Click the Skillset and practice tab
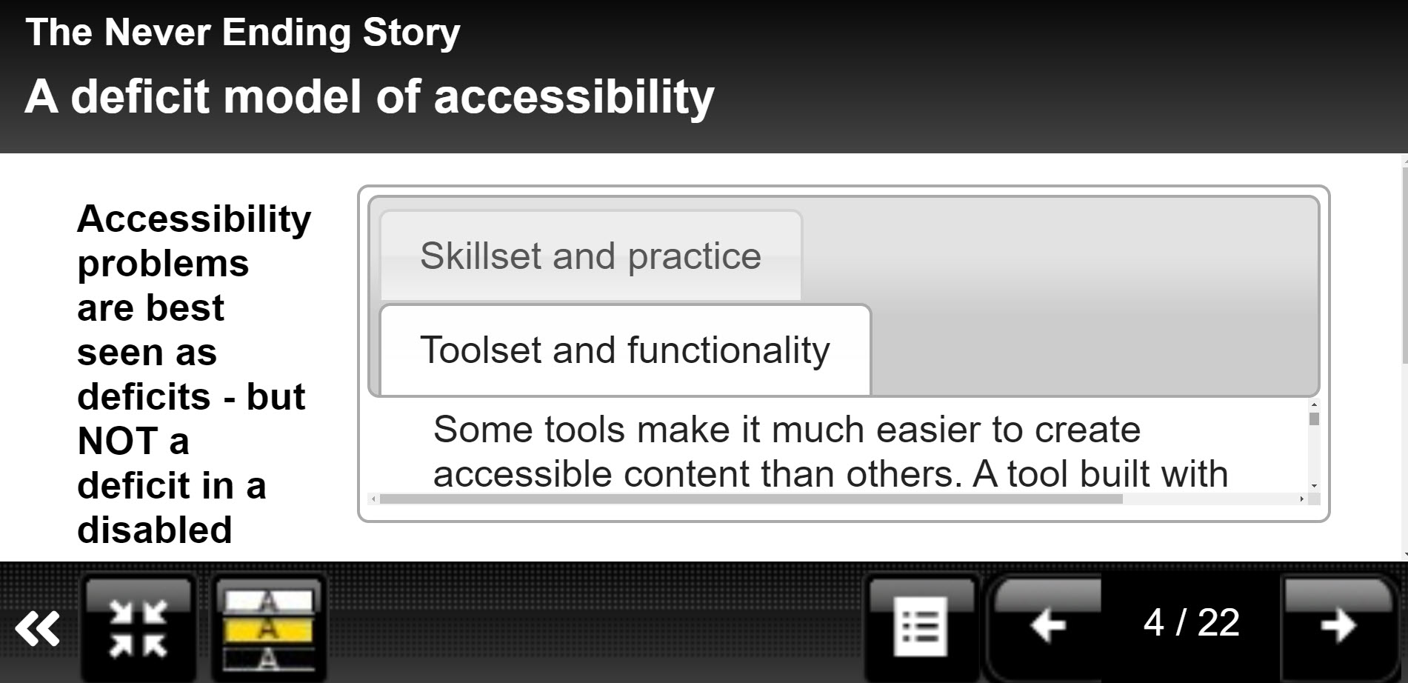point(590,256)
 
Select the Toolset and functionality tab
point(625,350)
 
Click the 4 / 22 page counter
point(1191,622)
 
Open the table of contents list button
point(921,626)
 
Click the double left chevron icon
point(38,629)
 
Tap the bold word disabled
point(155,530)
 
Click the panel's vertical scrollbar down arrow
point(1314,486)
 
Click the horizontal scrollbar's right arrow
point(1301,499)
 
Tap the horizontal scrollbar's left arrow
point(373,499)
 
